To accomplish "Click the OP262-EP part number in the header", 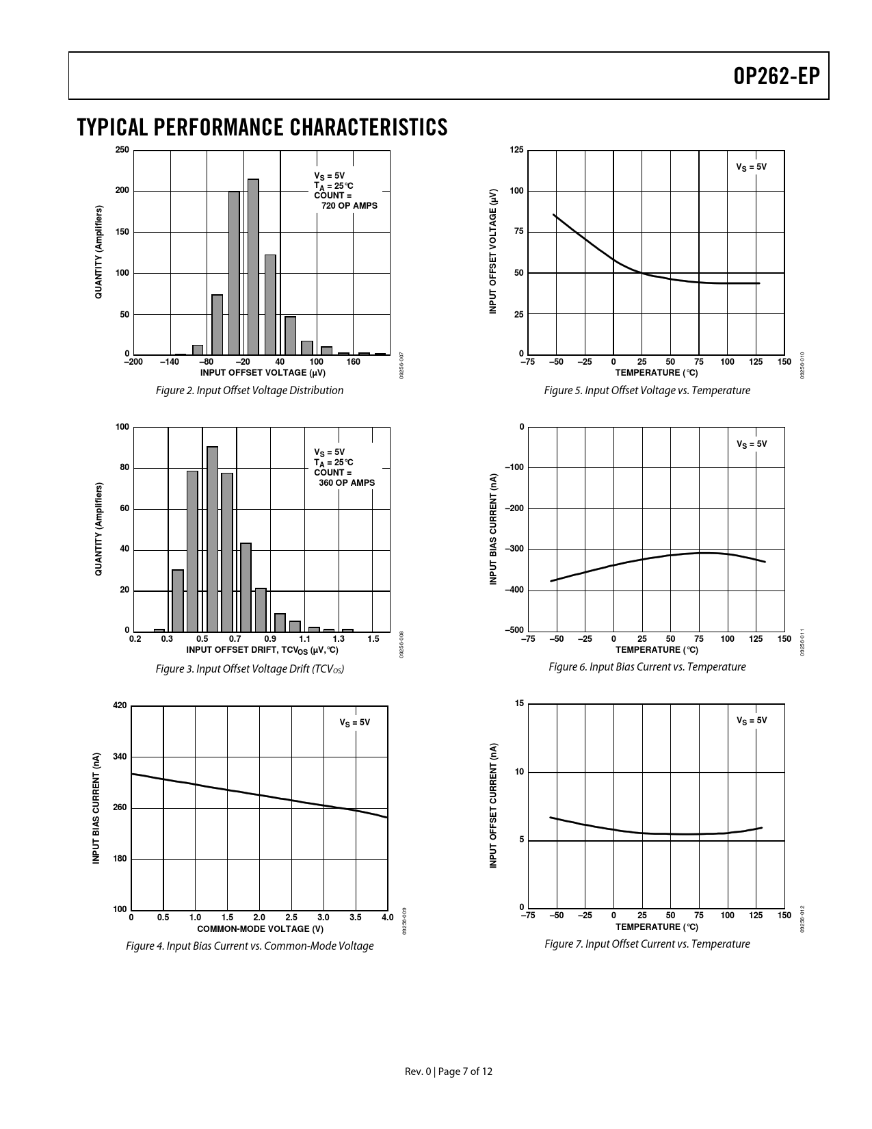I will point(776,77).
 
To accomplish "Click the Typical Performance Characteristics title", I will point(263,127).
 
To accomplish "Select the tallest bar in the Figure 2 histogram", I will point(253,267).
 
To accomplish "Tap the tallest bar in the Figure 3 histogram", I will point(213,538).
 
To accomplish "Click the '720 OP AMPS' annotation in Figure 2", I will point(349,206).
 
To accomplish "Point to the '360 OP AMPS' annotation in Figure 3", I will point(347,483).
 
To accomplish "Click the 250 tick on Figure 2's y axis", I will point(122,151).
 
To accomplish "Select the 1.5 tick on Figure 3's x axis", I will point(373,639).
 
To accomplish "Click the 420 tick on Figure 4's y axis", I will point(120,705).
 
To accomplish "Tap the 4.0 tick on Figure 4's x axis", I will point(387,917).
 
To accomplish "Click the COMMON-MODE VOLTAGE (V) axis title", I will point(260,929).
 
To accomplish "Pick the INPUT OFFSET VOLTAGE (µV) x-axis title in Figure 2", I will point(263,373).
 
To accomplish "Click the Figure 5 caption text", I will point(647,391).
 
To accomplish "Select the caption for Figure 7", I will point(647,944).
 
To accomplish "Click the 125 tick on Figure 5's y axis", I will point(517,151).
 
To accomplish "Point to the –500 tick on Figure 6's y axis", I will point(514,630).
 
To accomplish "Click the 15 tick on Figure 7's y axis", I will point(520,704).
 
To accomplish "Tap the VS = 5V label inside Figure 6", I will point(752,444).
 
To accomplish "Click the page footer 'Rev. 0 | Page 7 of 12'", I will point(449,1072).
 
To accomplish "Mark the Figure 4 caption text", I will point(250,946).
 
